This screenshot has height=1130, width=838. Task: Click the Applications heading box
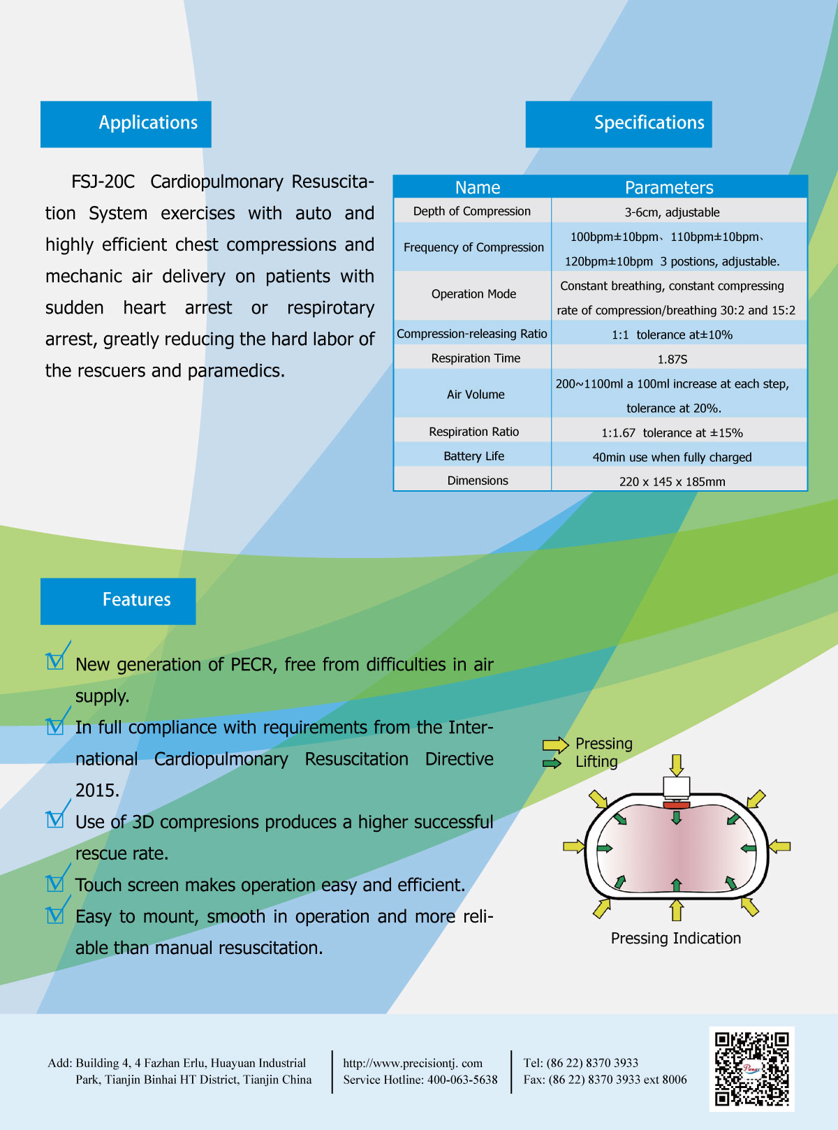click(x=126, y=124)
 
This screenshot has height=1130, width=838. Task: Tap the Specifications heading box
click(x=619, y=124)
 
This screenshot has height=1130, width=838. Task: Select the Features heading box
click(x=118, y=601)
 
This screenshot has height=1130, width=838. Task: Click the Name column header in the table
click(x=478, y=187)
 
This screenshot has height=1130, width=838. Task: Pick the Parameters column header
click(x=669, y=187)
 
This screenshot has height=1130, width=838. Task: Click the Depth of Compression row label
click(x=472, y=212)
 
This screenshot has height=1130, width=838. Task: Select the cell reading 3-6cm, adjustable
click(x=672, y=212)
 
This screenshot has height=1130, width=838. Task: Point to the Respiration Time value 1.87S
click(x=672, y=359)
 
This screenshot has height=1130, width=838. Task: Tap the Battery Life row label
click(x=473, y=456)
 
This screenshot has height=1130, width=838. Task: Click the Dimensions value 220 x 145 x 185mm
click(x=672, y=481)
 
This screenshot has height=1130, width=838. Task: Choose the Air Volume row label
click(x=476, y=395)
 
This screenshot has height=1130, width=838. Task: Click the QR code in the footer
click(x=751, y=1069)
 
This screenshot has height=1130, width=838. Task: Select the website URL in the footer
click(x=413, y=1063)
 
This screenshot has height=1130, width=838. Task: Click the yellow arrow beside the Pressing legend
click(x=555, y=745)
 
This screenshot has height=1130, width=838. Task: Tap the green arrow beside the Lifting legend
click(x=552, y=763)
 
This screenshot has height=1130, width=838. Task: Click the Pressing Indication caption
click(x=675, y=939)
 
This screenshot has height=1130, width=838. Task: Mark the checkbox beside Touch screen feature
click(x=55, y=883)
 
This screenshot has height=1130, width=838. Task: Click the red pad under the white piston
click(x=677, y=805)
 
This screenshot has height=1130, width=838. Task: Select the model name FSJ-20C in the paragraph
click(x=103, y=182)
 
